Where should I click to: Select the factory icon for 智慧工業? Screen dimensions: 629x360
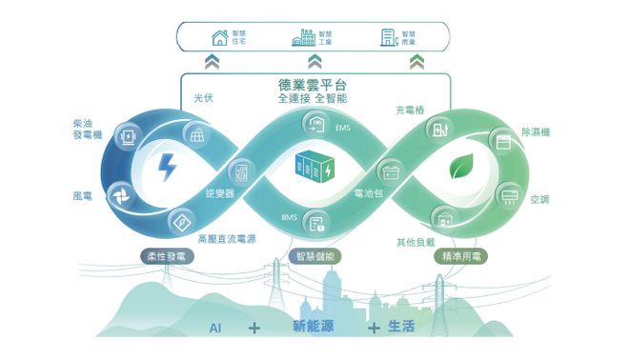(303, 38)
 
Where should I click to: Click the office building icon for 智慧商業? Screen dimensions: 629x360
(388, 38)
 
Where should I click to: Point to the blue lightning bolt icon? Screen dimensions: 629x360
(167, 168)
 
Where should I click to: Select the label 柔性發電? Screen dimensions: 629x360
(167, 257)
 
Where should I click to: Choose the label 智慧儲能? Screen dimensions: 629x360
(314, 257)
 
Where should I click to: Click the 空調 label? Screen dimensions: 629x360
(538, 199)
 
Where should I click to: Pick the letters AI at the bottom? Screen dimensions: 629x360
(215, 328)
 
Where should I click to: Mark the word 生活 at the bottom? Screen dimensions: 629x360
(401, 327)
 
